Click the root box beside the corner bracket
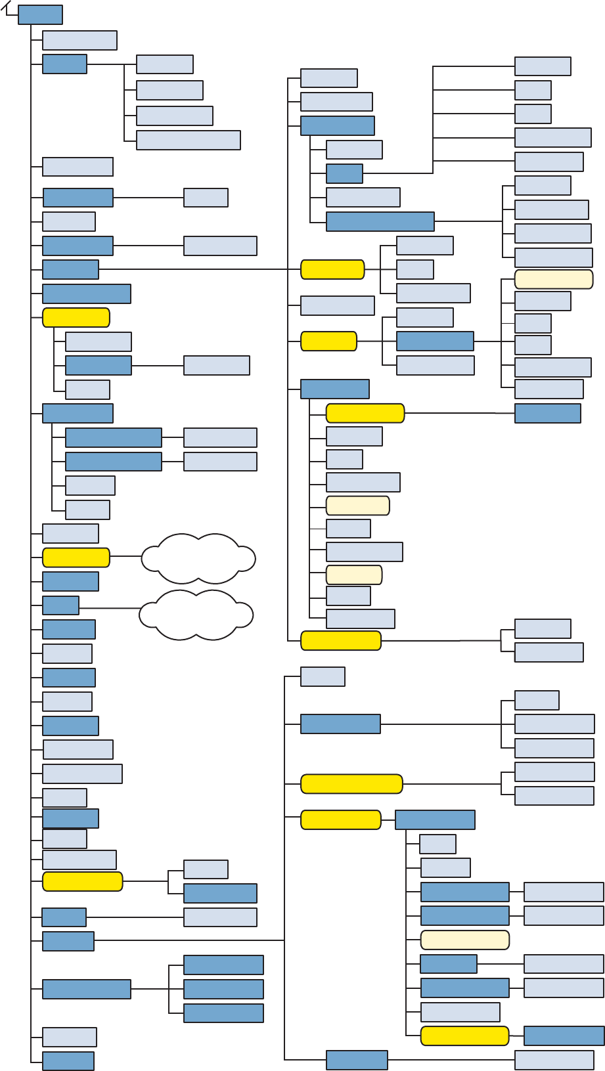40,15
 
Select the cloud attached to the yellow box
198,558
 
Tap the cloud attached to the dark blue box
196,615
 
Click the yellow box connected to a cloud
76,557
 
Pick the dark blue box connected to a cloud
60,605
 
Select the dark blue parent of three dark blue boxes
86,989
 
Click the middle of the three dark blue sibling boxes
223,989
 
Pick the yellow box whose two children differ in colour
82,881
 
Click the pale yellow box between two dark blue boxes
464,940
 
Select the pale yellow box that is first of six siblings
553,279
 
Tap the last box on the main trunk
68,1061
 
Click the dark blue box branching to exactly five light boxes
344,173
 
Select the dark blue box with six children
434,341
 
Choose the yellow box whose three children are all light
332,269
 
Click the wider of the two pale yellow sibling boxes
357,506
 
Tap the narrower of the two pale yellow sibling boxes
354,575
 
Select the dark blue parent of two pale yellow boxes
334,389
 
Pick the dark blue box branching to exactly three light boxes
340,724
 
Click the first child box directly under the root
79,40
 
